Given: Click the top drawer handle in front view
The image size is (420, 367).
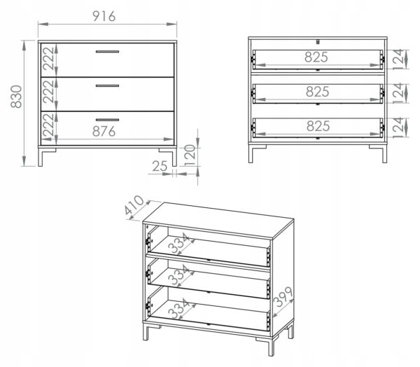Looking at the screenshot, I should tap(107, 52).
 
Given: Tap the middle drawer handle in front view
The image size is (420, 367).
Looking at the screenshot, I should tap(107, 86).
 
